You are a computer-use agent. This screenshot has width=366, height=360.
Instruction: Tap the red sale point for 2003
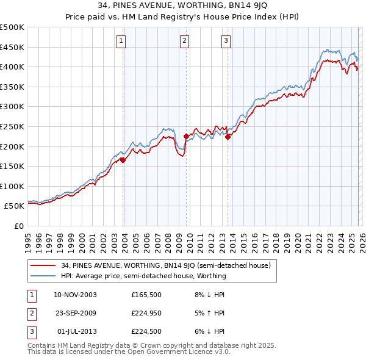pos(123,160)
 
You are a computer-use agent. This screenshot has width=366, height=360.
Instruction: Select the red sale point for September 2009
pos(186,137)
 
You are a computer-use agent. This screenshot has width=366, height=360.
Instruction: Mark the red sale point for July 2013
pos(228,137)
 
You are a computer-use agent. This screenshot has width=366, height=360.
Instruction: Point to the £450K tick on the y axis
pos(12,47)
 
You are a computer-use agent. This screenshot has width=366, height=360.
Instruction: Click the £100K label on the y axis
pos(12,186)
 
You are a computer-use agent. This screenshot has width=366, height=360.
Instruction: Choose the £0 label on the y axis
pos(18,226)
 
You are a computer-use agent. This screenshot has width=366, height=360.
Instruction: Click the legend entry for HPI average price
pos(143,276)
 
